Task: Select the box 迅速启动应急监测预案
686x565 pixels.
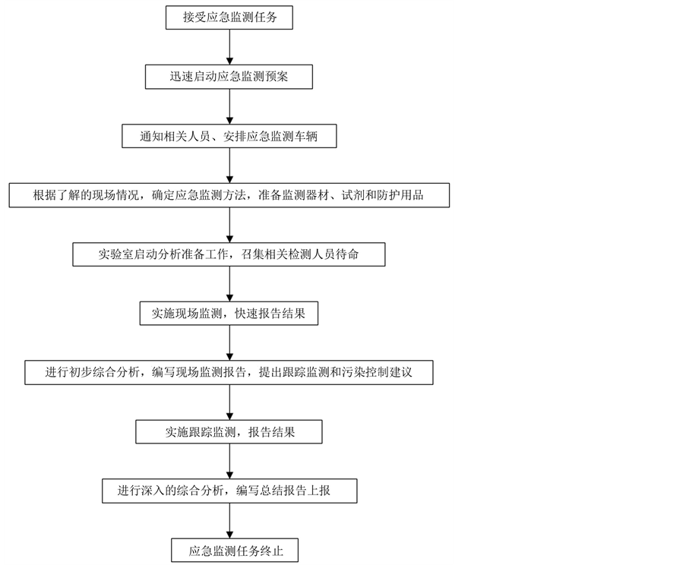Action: (x=229, y=77)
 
